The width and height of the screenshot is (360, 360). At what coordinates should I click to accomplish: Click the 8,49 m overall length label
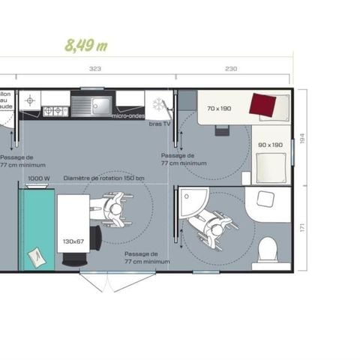coord(86,44)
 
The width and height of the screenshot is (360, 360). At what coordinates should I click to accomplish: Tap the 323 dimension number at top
coord(95,69)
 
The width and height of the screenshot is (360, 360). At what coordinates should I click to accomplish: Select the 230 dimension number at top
coord(231,69)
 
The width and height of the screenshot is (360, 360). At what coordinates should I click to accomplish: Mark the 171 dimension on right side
coord(303,226)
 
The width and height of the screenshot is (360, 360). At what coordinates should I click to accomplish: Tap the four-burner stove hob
coord(55,111)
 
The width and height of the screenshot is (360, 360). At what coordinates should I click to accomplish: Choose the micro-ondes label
coord(127,115)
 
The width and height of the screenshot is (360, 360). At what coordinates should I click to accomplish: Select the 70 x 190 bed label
coord(220,109)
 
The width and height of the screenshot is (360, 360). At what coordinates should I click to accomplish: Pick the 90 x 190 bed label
coord(270,145)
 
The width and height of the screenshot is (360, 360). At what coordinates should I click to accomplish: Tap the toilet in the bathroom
coord(267,250)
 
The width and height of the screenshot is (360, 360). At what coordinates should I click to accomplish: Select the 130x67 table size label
coord(73,241)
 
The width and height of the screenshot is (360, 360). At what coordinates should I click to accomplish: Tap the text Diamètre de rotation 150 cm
coord(104,178)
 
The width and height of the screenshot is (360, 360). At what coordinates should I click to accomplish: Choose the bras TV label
coord(159,122)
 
